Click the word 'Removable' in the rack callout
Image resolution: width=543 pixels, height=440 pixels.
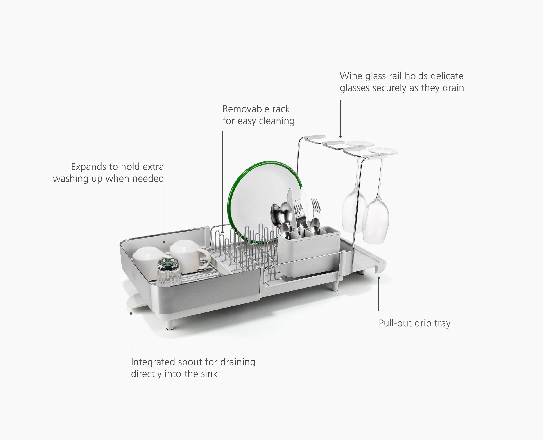[240, 109]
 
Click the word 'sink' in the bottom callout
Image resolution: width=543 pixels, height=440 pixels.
[209, 374]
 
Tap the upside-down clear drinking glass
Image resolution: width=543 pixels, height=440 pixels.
[169, 273]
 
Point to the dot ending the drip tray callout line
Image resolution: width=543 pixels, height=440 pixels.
[379, 278]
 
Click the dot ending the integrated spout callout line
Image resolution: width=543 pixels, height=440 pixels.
[131, 314]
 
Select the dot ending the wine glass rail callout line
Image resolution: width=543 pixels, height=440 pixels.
[340, 137]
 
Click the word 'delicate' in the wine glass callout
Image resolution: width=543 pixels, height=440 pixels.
[447, 76]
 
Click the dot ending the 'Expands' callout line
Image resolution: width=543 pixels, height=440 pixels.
[164, 242]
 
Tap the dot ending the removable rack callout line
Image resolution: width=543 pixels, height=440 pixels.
[222, 232]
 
